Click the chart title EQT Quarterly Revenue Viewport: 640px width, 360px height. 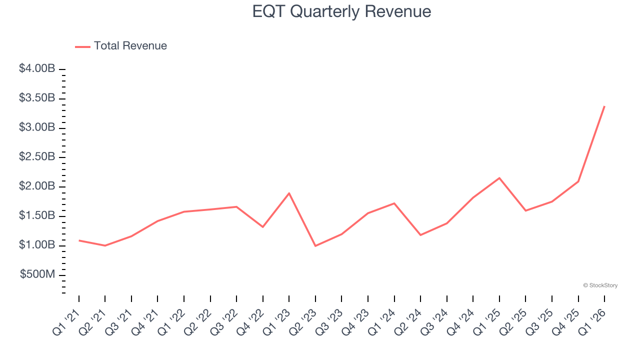click(x=341, y=11)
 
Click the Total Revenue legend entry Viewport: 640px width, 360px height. click(x=121, y=46)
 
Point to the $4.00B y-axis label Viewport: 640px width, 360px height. click(x=37, y=69)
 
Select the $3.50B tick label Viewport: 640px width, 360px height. click(x=37, y=98)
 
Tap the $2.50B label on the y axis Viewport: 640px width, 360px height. click(x=37, y=157)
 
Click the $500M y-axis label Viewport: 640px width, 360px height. click(x=37, y=275)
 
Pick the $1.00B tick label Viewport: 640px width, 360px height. click(x=37, y=245)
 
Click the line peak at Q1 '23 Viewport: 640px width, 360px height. click(x=289, y=193)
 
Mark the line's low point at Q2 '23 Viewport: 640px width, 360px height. click(x=315, y=246)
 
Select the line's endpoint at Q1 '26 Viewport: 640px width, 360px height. click(x=604, y=106)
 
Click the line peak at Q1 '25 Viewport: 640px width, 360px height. click(x=499, y=178)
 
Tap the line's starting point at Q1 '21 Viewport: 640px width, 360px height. click(x=79, y=240)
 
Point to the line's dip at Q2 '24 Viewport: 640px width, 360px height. click(x=420, y=235)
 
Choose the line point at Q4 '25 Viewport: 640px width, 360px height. click(x=578, y=181)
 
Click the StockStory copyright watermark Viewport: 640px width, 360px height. click(x=600, y=285)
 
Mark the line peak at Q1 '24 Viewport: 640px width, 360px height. click(x=394, y=203)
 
